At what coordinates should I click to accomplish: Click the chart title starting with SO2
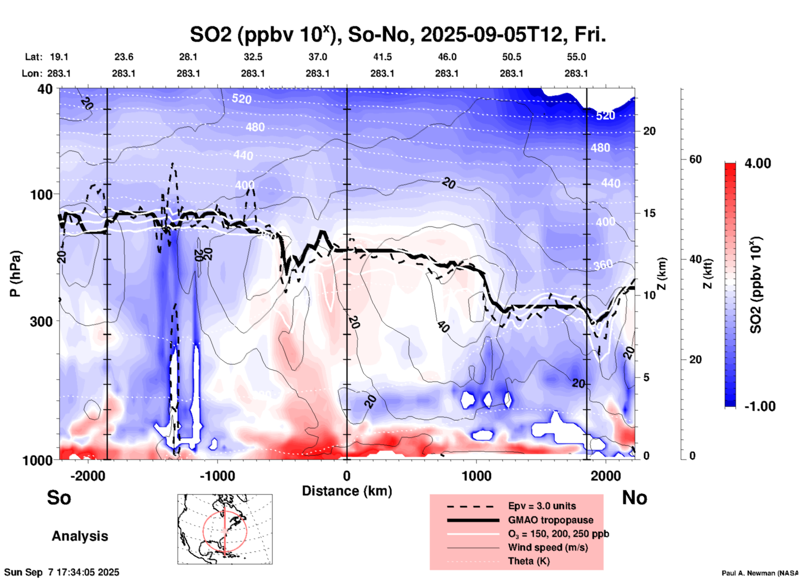[397, 35]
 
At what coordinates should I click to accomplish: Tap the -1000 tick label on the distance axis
[217, 476]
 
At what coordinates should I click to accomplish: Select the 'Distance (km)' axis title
[347, 491]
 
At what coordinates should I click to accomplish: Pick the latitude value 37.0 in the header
[317, 57]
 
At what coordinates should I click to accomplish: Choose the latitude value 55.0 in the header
[576, 57]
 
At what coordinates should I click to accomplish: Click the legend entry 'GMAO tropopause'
[551, 520]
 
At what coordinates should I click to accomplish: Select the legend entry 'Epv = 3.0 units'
[542, 506]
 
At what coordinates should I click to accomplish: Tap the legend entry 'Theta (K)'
[529, 561]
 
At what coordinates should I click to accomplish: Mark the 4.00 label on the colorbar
[758, 163]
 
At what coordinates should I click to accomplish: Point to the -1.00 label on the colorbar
[760, 406]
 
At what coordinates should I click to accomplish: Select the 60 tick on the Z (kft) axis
[695, 160]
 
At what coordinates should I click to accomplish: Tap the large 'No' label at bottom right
[634, 498]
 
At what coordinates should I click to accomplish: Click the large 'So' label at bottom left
[59, 498]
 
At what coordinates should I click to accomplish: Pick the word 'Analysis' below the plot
[80, 536]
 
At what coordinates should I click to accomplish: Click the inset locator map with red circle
[225, 529]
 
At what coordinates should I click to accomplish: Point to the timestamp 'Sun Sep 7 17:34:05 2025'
[62, 572]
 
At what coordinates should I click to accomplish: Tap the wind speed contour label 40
[443, 327]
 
